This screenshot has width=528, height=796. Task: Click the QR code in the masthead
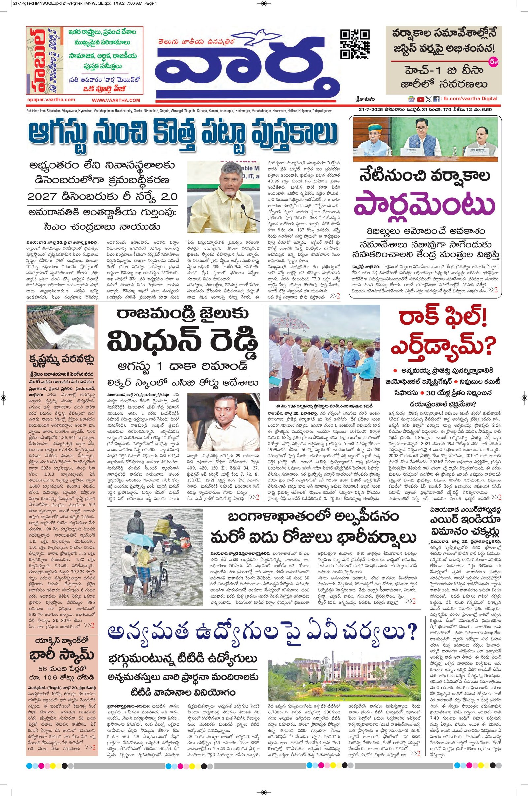(355, 45)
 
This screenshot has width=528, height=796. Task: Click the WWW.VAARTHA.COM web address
(115, 100)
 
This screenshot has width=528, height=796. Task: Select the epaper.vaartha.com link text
(51, 100)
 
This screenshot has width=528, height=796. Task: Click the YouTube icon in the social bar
(420, 99)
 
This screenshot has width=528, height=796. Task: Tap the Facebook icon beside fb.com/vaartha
(436, 99)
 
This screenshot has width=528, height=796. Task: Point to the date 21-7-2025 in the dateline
(369, 110)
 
